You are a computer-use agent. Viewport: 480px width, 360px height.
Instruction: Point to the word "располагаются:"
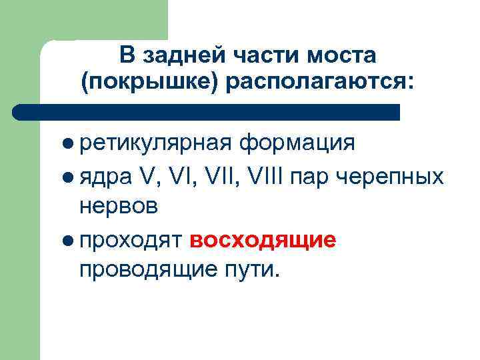(x=321, y=83)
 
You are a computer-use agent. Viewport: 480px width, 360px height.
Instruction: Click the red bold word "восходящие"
(x=262, y=240)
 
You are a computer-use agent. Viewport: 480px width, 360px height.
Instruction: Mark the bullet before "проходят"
(x=69, y=240)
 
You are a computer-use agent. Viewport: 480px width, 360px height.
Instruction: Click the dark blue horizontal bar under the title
(x=207, y=112)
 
